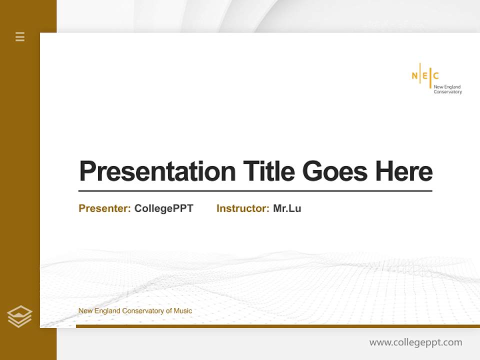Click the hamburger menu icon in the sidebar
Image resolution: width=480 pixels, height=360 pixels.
point(20,36)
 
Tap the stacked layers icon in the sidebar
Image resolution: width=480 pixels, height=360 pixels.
point(19,316)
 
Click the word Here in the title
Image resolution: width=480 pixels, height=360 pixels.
point(404,171)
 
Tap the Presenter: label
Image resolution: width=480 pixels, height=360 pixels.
point(104,208)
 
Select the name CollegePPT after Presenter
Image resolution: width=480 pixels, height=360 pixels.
point(163,208)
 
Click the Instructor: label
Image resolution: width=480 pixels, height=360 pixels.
point(242,208)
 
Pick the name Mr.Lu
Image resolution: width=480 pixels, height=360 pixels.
point(287,208)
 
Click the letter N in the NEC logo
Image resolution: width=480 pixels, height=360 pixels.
point(414,76)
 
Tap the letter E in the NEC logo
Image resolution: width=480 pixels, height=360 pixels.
point(425,76)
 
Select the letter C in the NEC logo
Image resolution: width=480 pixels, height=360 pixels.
point(435,76)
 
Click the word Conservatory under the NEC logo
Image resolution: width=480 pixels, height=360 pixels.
point(447,92)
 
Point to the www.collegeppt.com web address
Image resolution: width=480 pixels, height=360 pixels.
point(415,342)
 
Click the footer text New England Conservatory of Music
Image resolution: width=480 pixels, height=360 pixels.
point(135,311)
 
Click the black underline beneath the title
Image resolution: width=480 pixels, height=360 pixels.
point(255,191)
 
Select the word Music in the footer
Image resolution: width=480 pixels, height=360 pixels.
point(182,311)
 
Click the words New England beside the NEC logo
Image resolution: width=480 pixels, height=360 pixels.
point(447,87)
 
